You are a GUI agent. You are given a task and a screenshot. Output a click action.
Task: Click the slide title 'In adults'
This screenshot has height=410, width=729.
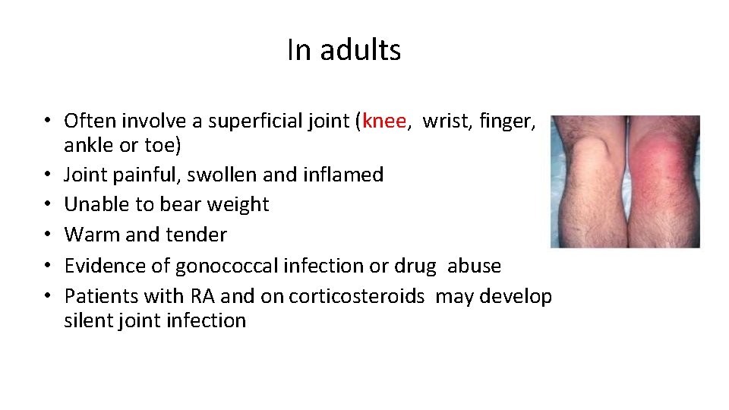(x=344, y=50)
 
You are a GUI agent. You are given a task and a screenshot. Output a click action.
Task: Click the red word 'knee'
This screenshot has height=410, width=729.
(x=385, y=121)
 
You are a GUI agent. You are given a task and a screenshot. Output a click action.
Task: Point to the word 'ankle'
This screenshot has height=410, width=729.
(x=87, y=144)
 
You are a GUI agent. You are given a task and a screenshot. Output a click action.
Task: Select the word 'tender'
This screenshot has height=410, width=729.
(x=200, y=235)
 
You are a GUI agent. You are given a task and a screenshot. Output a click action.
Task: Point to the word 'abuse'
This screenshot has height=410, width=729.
(x=474, y=266)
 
